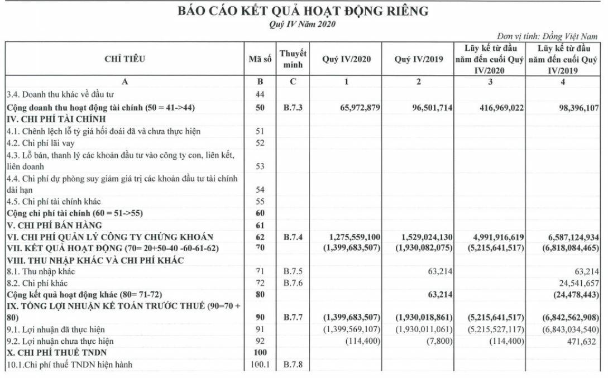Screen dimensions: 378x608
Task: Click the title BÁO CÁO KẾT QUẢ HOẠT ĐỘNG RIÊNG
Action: [303, 11]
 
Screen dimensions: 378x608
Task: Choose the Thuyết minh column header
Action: [293, 59]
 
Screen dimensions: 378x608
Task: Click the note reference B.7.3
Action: [293, 107]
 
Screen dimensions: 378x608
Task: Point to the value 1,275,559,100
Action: [347, 236]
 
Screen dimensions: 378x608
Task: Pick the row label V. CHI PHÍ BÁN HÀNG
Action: [54, 225]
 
